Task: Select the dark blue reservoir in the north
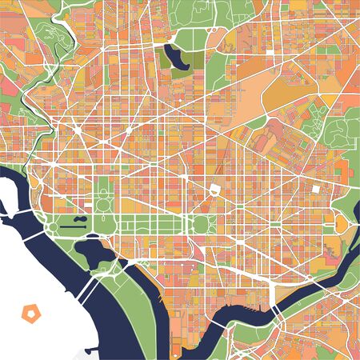pos(172,57)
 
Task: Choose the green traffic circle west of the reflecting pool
pos(52,227)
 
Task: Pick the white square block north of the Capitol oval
pos(215,190)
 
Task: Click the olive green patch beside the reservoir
pos(182,71)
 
